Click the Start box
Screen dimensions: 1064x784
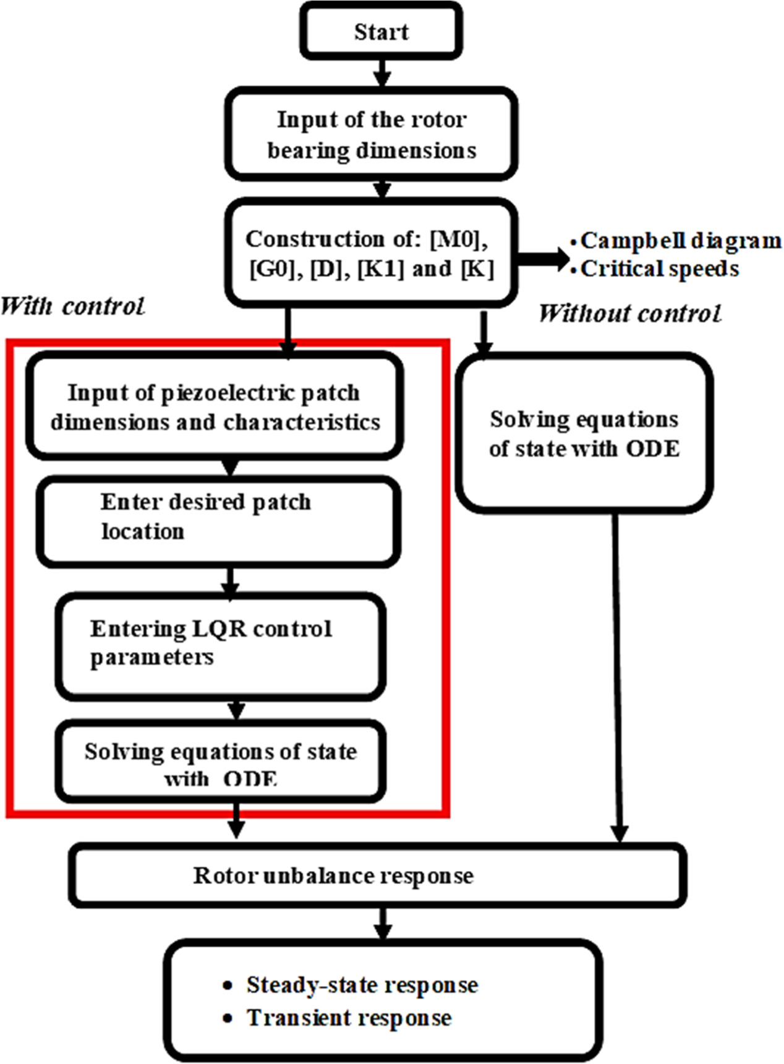pyautogui.click(x=381, y=32)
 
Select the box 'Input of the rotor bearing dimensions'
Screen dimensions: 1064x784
pyautogui.click(x=371, y=134)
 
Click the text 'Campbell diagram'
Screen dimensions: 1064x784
pyautogui.click(x=680, y=241)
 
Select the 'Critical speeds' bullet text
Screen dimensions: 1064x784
pyautogui.click(x=659, y=269)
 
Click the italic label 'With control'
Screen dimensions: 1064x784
pyautogui.click(x=72, y=306)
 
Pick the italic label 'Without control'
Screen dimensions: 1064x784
pyautogui.click(x=629, y=314)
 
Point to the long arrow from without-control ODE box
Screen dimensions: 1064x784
pyautogui.click(x=617, y=674)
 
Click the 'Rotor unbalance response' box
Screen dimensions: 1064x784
pyautogui.click(x=377, y=875)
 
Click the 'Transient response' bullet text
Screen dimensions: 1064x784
pyautogui.click(x=349, y=1018)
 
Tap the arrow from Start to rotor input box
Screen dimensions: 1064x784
pyautogui.click(x=383, y=72)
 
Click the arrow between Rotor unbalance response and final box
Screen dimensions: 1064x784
pyautogui.click(x=383, y=923)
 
